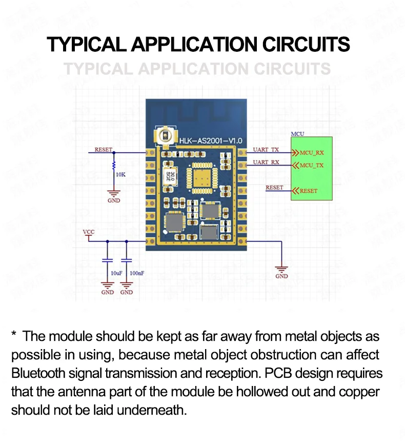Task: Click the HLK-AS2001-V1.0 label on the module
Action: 211,140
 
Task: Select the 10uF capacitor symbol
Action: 107,262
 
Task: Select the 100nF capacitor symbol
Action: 127,262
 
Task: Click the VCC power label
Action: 89,232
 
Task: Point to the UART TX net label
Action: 266,150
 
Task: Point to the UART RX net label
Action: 266,162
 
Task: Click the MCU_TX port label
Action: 312,166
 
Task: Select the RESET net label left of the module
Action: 103,150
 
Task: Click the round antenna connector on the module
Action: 165,136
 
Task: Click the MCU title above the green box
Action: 297,134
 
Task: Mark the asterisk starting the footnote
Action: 14,336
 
